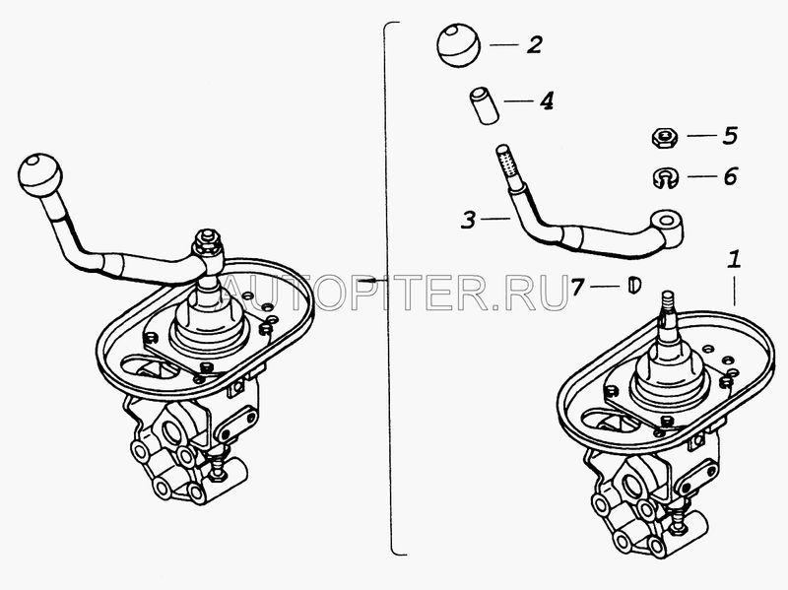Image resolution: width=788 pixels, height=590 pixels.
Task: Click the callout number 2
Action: (535, 44)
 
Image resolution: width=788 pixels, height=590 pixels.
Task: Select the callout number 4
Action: (547, 100)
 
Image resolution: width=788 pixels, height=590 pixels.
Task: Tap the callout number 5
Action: (730, 136)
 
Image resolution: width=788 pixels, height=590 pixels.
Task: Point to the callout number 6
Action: (730, 176)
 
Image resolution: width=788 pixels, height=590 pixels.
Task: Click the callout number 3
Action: (468, 219)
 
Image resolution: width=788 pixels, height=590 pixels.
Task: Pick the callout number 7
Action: (578, 287)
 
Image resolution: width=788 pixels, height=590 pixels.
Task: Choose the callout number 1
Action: (734, 260)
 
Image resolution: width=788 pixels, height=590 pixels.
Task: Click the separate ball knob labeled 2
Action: (458, 45)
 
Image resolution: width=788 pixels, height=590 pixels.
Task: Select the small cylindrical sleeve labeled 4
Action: (484, 105)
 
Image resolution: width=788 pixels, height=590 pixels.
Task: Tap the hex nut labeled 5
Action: (664, 136)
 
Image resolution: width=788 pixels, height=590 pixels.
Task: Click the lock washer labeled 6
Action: (666, 177)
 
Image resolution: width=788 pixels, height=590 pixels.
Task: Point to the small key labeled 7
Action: (634, 285)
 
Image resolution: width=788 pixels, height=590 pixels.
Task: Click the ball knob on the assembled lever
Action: (40, 175)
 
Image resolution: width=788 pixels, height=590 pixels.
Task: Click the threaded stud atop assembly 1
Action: (669, 304)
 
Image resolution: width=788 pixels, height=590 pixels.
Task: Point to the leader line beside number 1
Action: (734, 290)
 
